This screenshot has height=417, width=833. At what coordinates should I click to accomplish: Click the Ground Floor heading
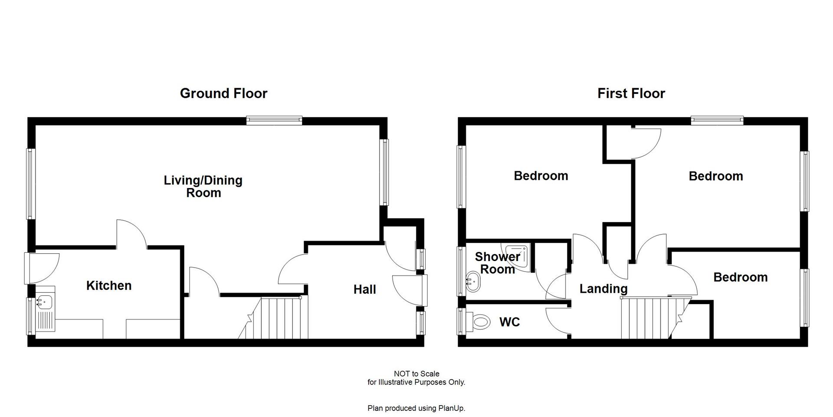[223, 93]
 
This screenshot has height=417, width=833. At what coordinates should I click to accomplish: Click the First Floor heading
[631, 93]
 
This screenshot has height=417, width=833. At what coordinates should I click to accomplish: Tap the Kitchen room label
[109, 285]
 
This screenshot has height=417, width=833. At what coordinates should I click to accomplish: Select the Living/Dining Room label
[203, 186]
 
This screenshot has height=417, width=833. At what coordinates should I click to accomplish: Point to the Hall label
[364, 289]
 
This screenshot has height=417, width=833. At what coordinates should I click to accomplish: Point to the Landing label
[603, 288]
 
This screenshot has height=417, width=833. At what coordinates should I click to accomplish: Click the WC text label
[509, 322]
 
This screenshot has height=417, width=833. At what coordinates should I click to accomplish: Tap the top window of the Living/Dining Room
[274, 120]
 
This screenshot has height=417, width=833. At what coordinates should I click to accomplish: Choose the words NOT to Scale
[416, 374]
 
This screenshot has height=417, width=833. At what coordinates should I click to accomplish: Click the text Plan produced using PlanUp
[416, 408]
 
